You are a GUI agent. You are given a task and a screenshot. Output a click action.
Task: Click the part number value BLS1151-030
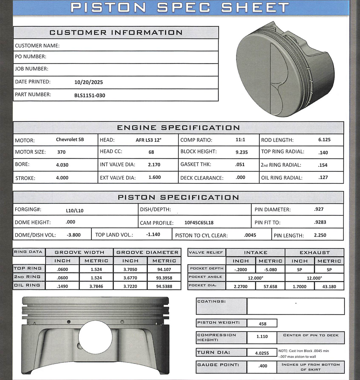point(90,95)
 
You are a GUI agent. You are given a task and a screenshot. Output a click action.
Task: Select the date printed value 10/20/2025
point(88,82)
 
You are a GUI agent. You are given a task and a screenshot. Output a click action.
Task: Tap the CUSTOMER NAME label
point(37,46)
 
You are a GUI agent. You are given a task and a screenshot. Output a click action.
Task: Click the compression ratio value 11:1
point(240,140)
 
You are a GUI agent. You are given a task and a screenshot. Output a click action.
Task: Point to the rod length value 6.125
point(324,140)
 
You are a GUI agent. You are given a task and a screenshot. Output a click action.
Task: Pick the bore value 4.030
point(62,165)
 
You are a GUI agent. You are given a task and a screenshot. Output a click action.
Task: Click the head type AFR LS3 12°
point(148,140)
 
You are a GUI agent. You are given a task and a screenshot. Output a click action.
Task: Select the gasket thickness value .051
point(240,164)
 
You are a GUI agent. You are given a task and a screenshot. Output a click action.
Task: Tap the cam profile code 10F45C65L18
point(199,223)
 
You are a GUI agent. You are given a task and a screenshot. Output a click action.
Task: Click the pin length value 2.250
point(320,235)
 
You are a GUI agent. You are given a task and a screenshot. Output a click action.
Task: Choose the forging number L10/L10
point(74,210)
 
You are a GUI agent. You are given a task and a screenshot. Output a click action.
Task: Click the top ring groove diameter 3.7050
point(130,269)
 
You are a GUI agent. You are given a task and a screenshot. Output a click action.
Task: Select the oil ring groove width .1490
point(62,286)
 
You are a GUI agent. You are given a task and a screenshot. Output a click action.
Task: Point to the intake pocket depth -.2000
point(240,270)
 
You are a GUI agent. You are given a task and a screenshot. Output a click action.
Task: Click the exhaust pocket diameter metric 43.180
point(329,286)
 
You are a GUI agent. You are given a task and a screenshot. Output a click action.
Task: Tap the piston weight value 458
point(262,324)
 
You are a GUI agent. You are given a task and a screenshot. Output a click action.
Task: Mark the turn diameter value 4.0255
point(262,353)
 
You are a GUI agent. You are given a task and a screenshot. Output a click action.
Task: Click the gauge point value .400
point(262,366)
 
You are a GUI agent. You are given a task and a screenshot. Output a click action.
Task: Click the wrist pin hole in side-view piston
point(95,337)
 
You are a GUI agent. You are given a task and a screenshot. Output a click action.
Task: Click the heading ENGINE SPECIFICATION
point(178,128)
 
